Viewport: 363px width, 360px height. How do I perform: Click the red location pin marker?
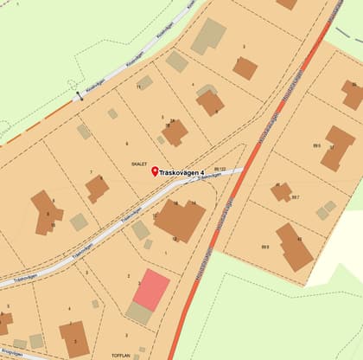[x=156, y=171]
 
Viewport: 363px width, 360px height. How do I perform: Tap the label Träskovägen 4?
[x=188, y=171]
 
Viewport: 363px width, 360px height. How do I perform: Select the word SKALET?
[x=138, y=163]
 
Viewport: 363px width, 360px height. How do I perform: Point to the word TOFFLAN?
[x=120, y=355]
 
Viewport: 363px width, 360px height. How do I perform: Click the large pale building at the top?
[x=207, y=35]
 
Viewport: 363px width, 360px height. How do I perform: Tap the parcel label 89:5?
[x=317, y=147]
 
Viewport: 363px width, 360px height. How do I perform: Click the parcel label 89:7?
[x=296, y=197]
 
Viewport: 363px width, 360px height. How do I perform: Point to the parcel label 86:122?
[x=208, y=169]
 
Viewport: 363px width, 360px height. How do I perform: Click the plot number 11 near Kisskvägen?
[x=138, y=87]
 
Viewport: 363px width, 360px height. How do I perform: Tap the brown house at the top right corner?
[x=352, y=93]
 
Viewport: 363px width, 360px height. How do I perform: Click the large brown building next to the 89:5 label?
[x=337, y=147]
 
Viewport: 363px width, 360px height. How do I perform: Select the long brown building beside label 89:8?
[x=294, y=246]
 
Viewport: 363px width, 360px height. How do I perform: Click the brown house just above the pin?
[x=175, y=132]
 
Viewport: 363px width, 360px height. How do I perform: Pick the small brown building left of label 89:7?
[x=281, y=191]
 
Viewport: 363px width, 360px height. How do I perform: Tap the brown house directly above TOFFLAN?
[x=74, y=338]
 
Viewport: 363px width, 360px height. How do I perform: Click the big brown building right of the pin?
[x=179, y=220]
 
